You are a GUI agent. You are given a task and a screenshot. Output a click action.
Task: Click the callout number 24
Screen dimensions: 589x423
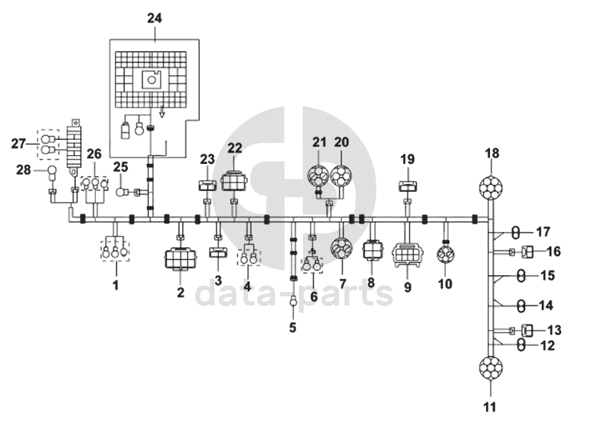point(153,16)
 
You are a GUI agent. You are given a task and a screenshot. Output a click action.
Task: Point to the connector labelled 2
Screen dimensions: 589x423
point(181,258)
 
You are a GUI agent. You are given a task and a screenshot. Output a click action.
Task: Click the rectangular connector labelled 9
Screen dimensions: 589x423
point(407,254)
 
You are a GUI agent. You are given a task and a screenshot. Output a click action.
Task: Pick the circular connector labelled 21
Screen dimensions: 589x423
point(320,177)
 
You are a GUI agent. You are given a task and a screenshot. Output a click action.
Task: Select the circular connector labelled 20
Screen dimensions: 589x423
point(342,177)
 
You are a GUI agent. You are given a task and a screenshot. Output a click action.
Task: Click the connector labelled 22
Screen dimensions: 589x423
point(235,181)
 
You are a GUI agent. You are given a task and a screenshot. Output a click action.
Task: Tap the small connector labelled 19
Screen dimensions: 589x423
point(407,188)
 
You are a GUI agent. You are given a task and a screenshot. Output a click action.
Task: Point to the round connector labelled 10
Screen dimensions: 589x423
point(444,255)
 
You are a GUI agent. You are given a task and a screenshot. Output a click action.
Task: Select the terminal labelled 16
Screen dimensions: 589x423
point(528,252)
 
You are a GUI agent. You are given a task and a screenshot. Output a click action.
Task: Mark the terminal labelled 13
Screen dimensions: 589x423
point(528,329)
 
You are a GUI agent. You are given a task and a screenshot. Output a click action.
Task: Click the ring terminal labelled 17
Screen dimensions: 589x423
point(517,232)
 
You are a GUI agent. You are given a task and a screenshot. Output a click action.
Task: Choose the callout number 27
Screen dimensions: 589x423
point(18,143)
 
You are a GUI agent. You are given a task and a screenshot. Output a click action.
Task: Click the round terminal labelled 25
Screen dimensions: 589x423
point(121,191)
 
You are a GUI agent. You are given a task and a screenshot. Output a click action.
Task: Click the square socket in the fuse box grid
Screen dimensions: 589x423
point(152,79)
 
